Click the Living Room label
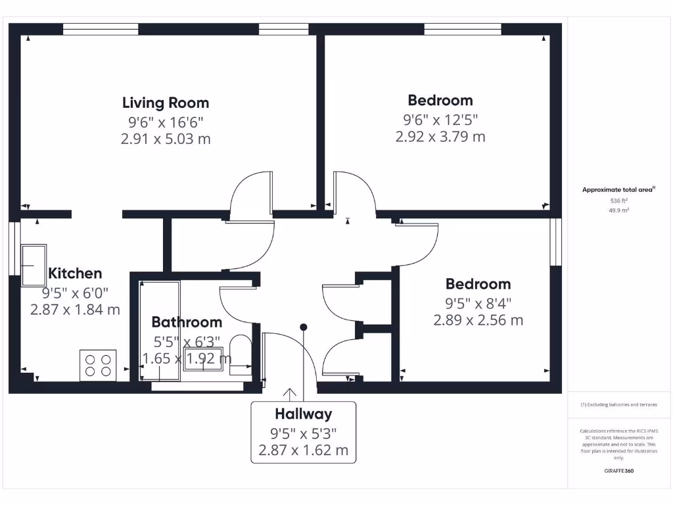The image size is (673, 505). pyautogui.click(x=166, y=103)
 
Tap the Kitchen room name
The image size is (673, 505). pyautogui.click(x=75, y=273)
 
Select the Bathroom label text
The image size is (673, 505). pyautogui.click(x=187, y=322)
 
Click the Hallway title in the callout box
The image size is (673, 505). pyautogui.click(x=303, y=414)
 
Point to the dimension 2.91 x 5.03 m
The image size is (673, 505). pyautogui.click(x=166, y=139)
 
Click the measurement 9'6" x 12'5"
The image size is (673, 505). pyautogui.click(x=440, y=119)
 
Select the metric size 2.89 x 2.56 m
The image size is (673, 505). pyautogui.click(x=478, y=320)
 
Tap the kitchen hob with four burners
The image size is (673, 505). pyautogui.click(x=98, y=366)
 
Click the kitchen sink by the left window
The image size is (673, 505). pyautogui.click(x=34, y=266)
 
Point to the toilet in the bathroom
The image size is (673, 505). pyautogui.click(x=241, y=356)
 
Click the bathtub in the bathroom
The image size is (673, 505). pyautogui.click(x=160, y=331)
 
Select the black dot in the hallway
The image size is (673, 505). pyautogui.click(x=304, y=327)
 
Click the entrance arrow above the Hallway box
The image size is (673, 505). pyautogui.click(x=289, y=394)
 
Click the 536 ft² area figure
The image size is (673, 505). pyautogui.click(x=618, y=201)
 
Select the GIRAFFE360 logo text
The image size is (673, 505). pyautogui.click(x=618, y=471)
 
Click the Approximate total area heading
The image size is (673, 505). pyautogui.click(x=618, y=189)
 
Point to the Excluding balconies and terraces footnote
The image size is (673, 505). pyautogui.click(x=618, y=404)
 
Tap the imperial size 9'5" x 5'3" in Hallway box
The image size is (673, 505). pyautogui.click(x=303, y=433)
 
